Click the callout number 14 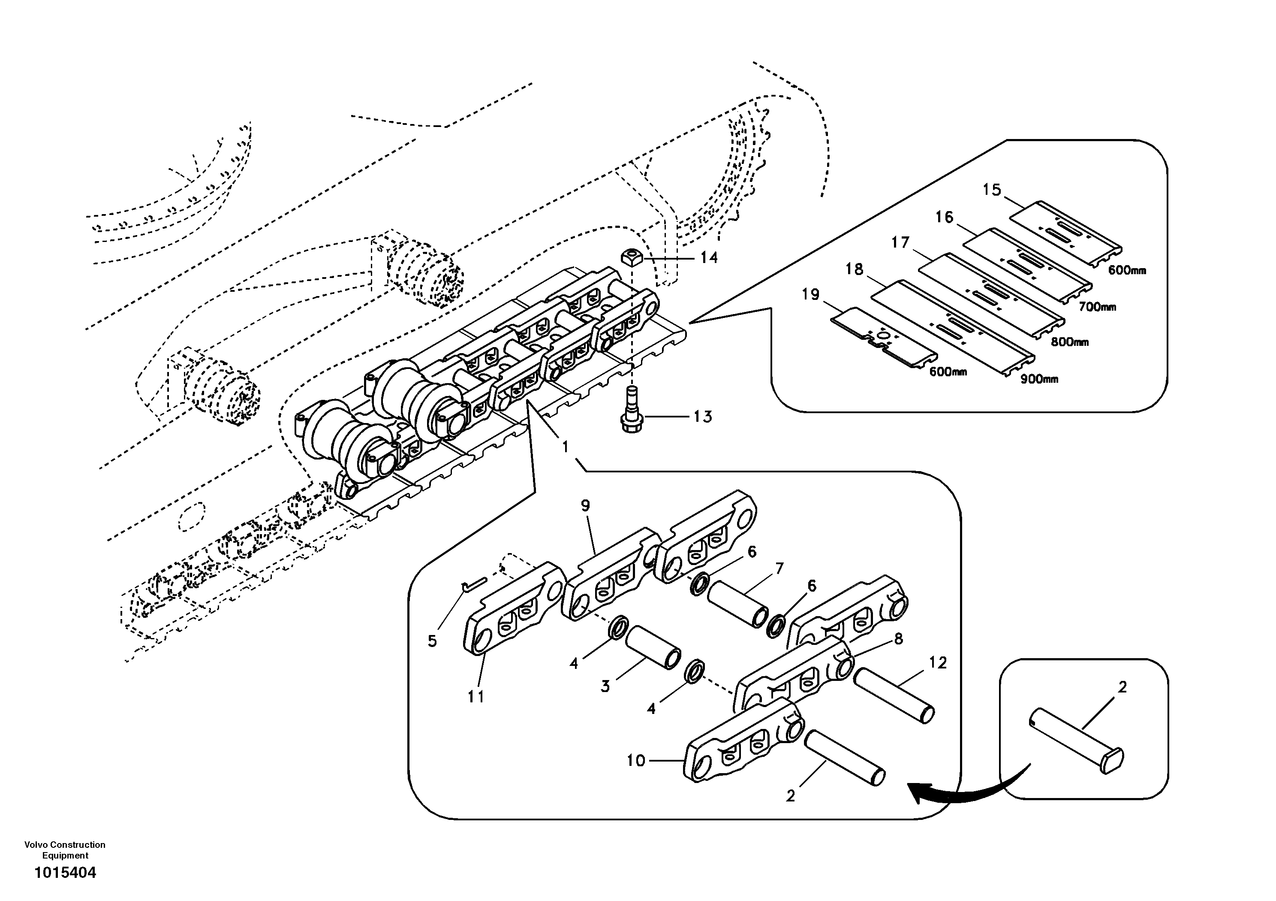709,257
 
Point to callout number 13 702,417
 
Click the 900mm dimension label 1039,379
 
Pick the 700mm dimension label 1097,306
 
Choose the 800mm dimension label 1069,342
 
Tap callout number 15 991,190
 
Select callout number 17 900,242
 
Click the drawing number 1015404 65,873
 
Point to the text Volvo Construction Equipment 65,850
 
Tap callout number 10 636,760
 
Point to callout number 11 476,696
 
